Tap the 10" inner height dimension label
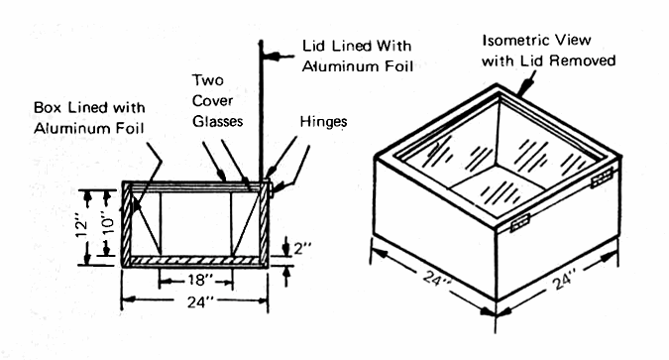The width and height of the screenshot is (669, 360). click(x=109, y=222)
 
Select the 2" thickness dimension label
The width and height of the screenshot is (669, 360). click(x=302, y=248)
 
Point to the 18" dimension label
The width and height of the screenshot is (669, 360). click(x=200, y=280)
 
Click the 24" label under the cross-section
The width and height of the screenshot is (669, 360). click(x=200, y=301)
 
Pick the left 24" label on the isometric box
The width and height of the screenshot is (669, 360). click(x=437, y=279)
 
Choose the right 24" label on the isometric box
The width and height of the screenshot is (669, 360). click(x=565, y=280)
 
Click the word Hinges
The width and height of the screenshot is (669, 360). click(x=323, y=122)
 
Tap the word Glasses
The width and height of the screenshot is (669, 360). click(x=218, y=121)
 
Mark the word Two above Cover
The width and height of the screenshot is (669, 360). click(x=208, y=80)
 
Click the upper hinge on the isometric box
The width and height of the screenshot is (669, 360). click(x=602, y=178)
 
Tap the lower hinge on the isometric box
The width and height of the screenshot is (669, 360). click(x=519, y=222)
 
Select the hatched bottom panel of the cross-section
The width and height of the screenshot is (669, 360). click(x=195, y=260)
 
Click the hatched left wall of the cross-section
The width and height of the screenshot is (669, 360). click(x=127, y=224)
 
